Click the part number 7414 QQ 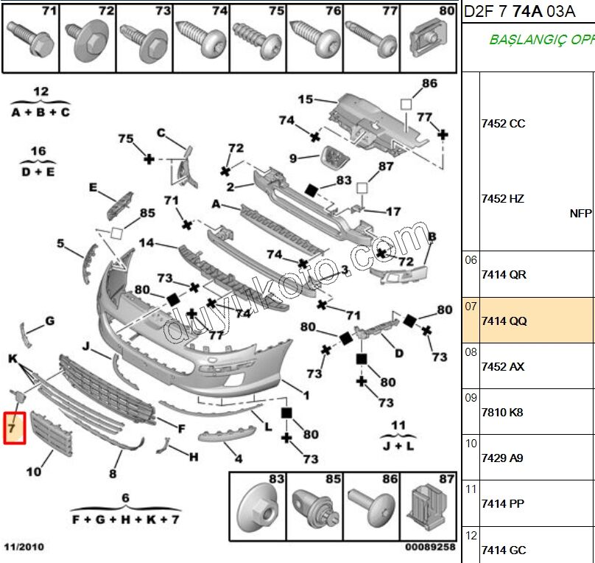[503, 321]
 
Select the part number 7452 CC [503, 124]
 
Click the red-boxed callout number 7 [14, 427]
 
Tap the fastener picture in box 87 [429, 506]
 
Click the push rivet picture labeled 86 [371, 508]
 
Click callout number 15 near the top [305, 99]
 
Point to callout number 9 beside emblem [292, 158]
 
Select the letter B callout [432, 237]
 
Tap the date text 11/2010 [24, 548]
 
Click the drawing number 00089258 [430, 548]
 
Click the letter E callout [93, 189]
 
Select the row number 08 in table [471, 352]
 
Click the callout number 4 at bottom [239, 458]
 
